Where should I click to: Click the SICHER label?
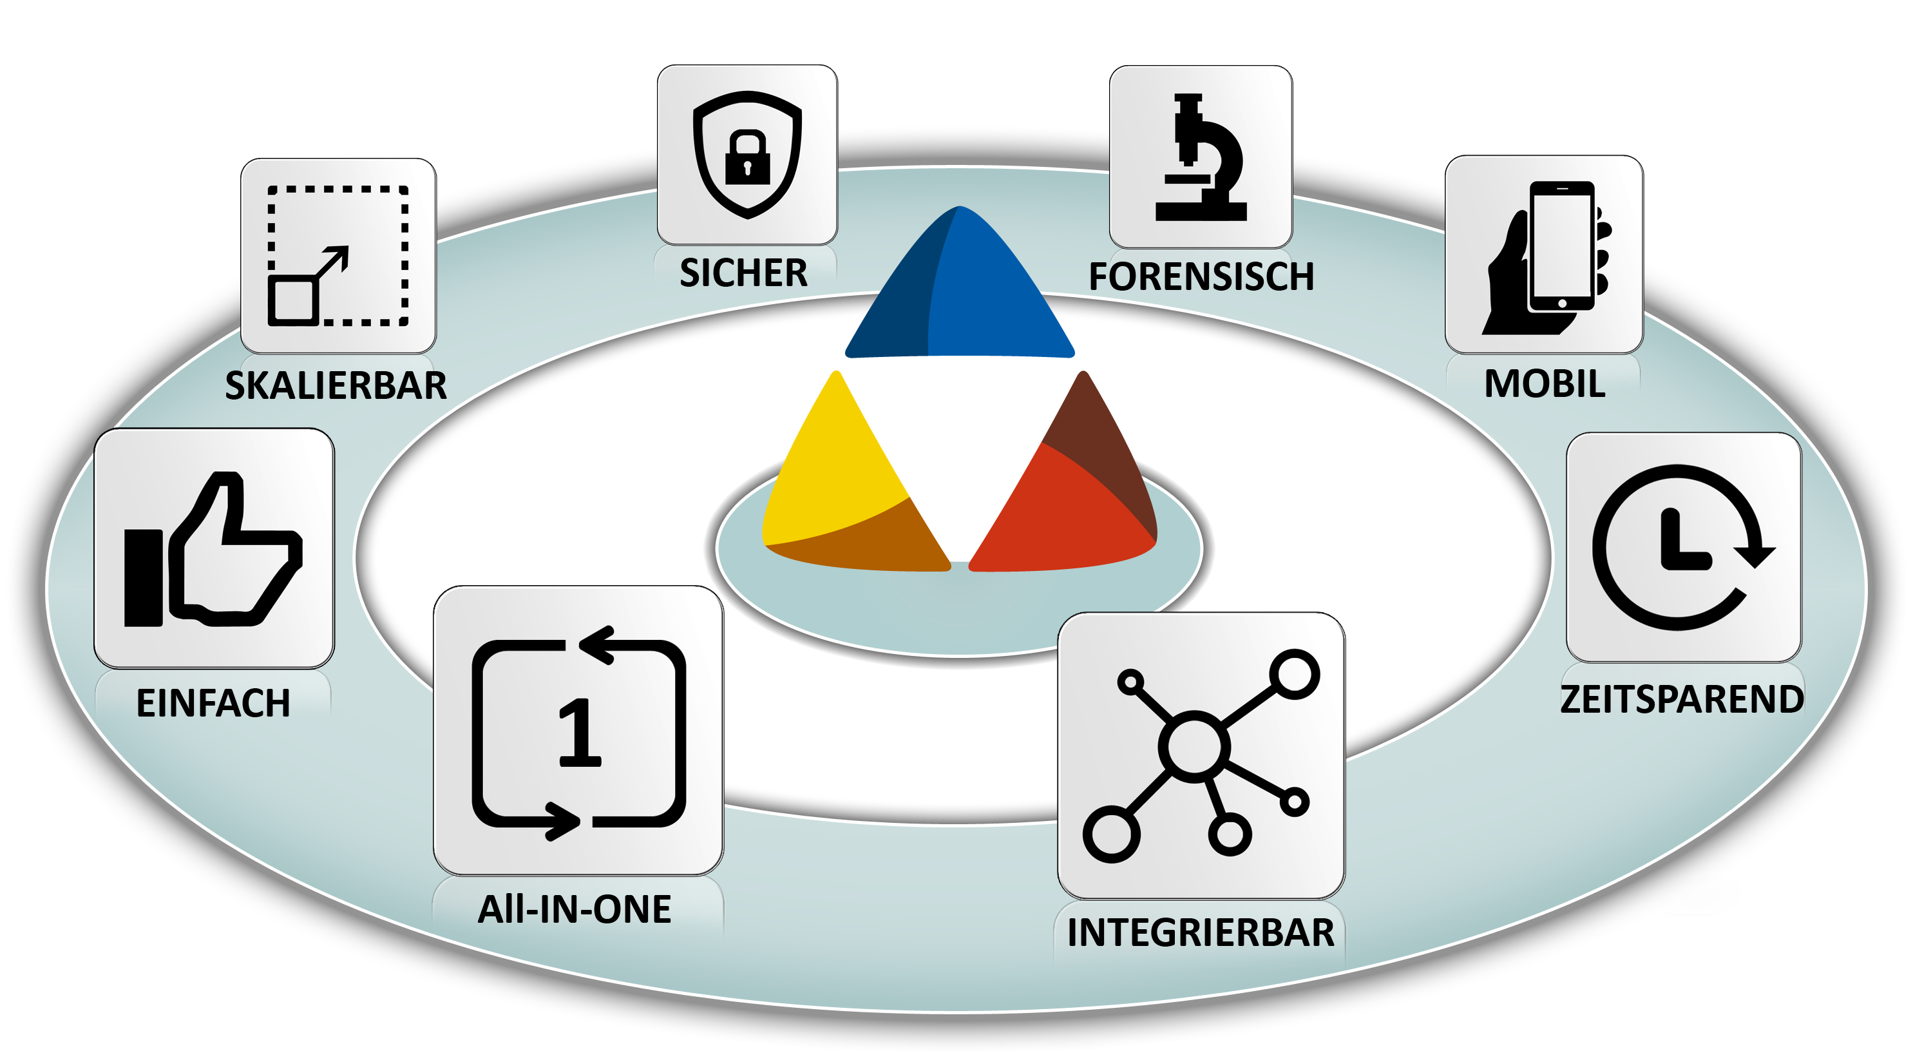[743, 273]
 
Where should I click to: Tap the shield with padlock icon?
[747, 155]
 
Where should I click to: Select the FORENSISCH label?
[1201, 276]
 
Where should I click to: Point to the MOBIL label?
[1545, 384]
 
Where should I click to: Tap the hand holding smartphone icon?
[1548, 256]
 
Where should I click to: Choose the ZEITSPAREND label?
[1682, 699]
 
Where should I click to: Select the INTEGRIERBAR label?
[1201, 933]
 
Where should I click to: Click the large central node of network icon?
[1194, 746]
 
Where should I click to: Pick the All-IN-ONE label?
[575, 909]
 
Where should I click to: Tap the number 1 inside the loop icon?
[579, 733]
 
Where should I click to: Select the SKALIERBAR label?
[336, 385]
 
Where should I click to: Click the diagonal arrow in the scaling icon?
[332, 262]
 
